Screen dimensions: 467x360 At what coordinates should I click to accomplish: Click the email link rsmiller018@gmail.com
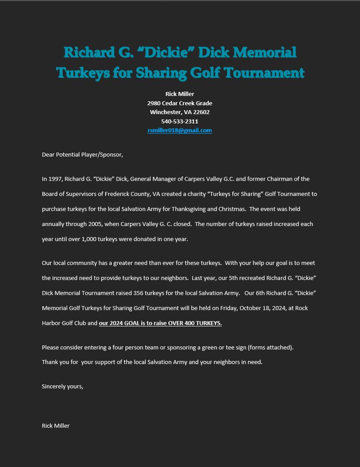(x=180, y=131)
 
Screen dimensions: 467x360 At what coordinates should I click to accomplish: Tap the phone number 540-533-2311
(x=180, y=121)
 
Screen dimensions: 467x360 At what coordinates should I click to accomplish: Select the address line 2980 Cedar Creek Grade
(x=180, y=103)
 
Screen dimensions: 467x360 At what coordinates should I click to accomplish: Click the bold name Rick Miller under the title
(x=180, y=94)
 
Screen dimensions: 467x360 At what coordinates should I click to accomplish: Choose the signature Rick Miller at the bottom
(x=56, y=426)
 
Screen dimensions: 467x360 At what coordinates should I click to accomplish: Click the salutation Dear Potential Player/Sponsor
(x=82, y=155)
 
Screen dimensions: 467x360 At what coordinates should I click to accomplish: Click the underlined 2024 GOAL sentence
(x=160, y=323)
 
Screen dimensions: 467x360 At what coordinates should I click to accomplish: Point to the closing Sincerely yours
(x=63, y=386)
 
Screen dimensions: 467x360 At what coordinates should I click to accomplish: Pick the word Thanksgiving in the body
(x=190, y=209)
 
